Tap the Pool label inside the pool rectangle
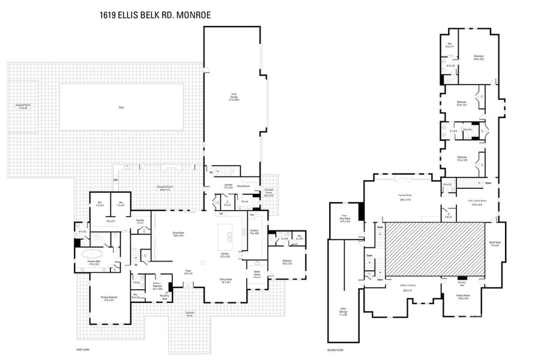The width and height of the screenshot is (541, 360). tap(121, 107)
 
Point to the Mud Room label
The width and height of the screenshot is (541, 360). tap(251, 187)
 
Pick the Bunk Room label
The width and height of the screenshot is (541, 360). tap(495, 243)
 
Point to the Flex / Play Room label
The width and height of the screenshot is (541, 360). tap(343, 220)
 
